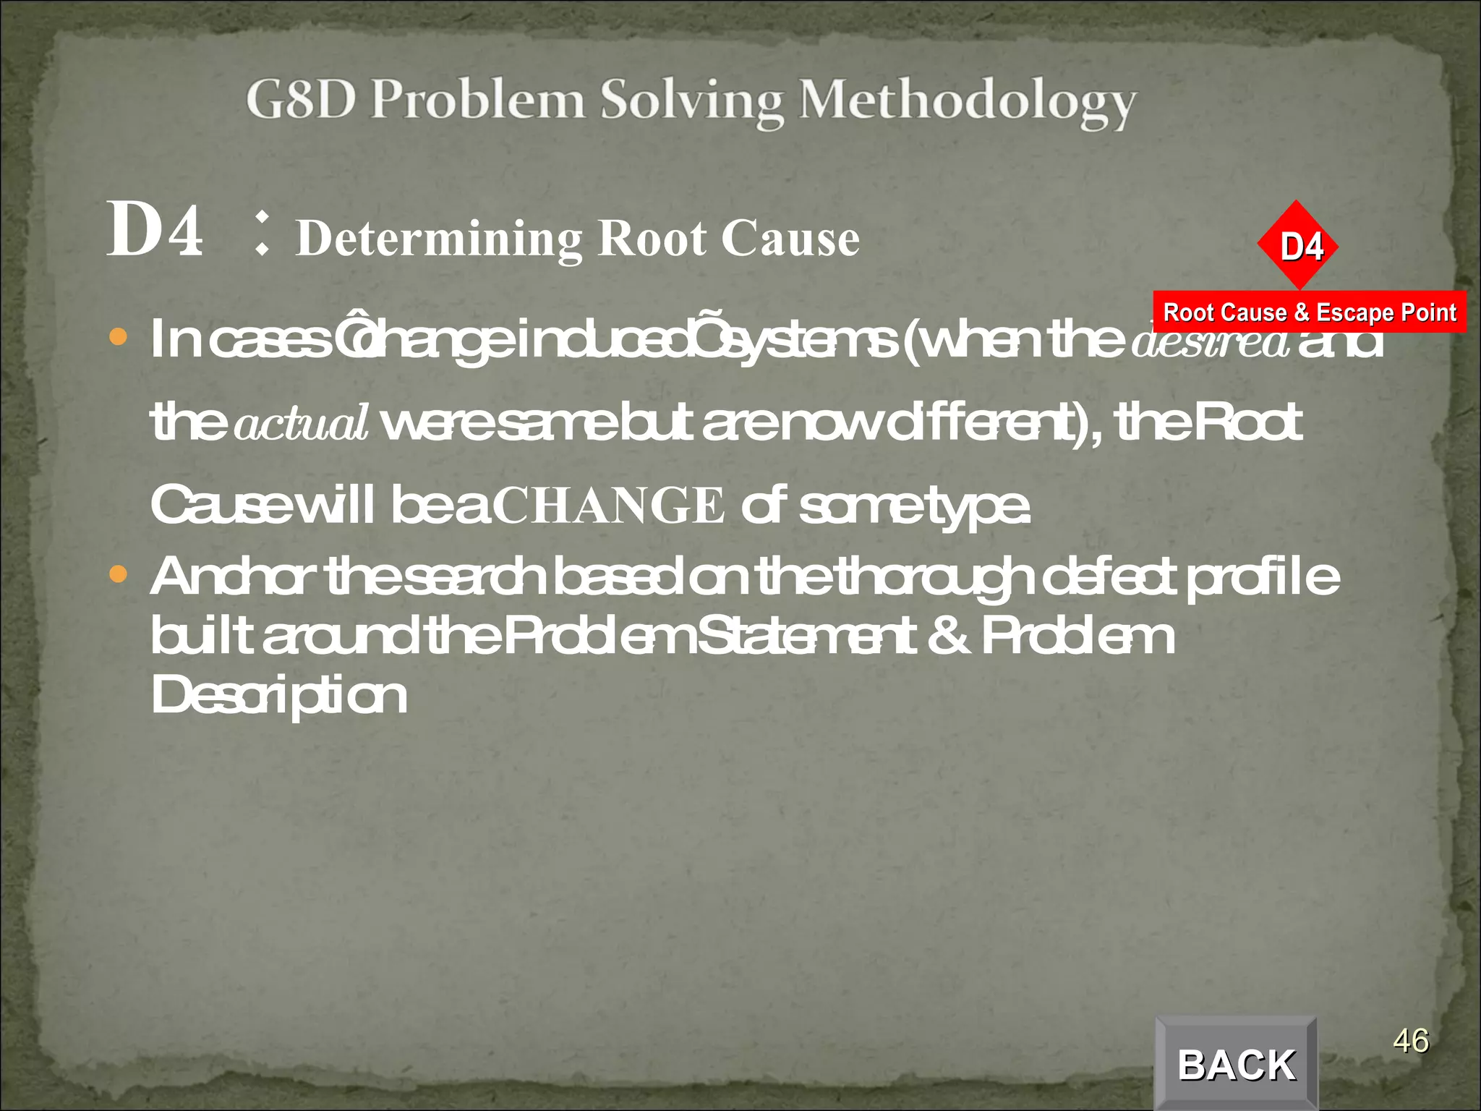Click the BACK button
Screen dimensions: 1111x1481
pos(1236,1064)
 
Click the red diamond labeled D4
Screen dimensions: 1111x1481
pos(1299,246)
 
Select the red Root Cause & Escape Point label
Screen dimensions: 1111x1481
pos(1309,312)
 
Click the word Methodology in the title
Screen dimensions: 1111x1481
pos(967,101)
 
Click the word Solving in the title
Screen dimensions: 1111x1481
pos(691,101)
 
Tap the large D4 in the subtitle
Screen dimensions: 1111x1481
pos(155,230)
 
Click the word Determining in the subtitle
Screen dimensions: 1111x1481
pos(439,239)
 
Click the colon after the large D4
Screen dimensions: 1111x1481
pos(262,234)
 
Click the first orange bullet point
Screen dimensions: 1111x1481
pos(118,337)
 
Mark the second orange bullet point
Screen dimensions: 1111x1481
pos(118,575)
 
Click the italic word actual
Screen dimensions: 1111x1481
pos(301,424)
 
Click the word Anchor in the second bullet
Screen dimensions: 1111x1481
pos(233,576)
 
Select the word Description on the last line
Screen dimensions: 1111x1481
pos(278,695)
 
